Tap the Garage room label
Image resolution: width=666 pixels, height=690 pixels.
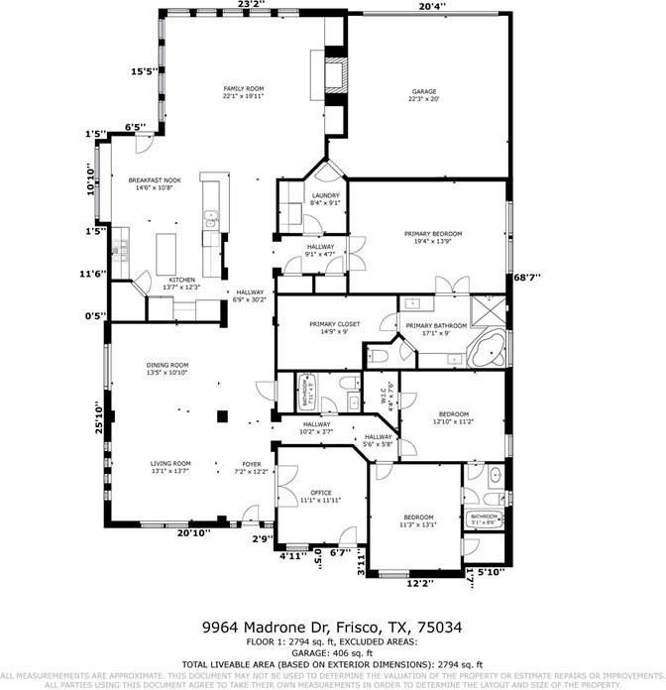pyautogui.click(x=424, y=92)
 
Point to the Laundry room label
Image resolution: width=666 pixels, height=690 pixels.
pyautogui.click(x=326, y=196)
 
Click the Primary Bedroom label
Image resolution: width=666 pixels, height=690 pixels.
pyautogui.click(x=433, y=234)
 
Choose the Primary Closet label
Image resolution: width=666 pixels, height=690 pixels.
pyautogui.click(x=334, y=324)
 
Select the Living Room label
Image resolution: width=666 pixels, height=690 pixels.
pyautogui.click(x=170, y=464)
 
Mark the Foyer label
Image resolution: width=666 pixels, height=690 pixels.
pyautogui.click(x=253, y=464)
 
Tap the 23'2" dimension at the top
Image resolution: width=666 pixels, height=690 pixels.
pyautogui.click(x=252, y=6)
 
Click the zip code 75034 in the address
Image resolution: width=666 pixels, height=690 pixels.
pyautogui.click(x=442, y=628)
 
